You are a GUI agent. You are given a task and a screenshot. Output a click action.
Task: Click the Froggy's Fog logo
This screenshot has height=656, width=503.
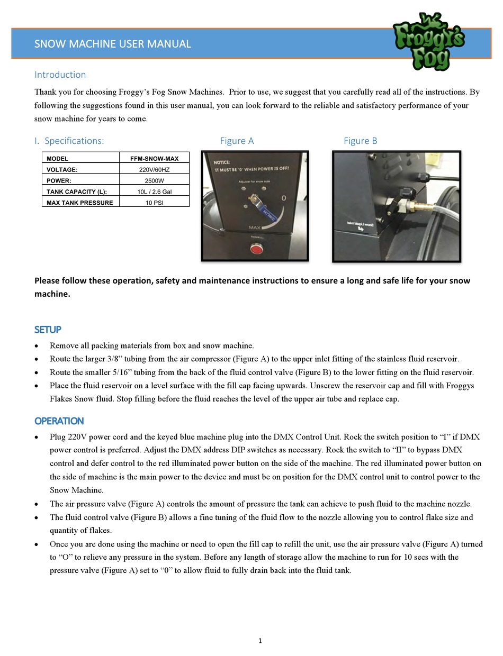pyautogui.click(x=428, y=41)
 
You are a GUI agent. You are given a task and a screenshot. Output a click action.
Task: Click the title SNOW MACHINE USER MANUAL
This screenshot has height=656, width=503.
pyautogui.click(x=112, y=44)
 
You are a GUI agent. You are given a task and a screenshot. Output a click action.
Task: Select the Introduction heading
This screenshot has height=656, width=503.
pyautogui.click(x=60, y=75)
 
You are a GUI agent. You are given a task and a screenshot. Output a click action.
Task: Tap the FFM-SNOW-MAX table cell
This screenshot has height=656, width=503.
pyautogui.click(x=154, y=158)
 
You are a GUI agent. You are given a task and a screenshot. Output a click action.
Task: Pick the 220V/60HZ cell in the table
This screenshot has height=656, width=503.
pyautogui.click(x=154, y=169)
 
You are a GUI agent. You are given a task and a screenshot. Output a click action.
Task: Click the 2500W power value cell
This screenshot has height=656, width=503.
pyautogui.click(x=154, y=180)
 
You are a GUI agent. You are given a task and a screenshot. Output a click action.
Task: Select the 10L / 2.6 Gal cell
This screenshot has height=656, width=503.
pyautogui.click(x=154, y=192)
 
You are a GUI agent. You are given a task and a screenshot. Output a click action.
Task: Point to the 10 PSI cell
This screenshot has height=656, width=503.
pyautogui.click(x=154, y=203)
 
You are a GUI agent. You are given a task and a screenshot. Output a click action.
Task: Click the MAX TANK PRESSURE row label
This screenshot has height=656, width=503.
pyautogui.click(x=79, y=203)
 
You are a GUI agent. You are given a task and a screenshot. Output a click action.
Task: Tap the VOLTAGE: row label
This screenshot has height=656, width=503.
pyautogui.click(x=62, y=169)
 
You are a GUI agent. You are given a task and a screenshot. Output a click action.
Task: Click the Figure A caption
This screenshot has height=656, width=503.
pyautogui.click(x=237, y=141)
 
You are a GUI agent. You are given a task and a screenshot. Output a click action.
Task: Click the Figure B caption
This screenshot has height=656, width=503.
pyautogui.click(x=360, y=141)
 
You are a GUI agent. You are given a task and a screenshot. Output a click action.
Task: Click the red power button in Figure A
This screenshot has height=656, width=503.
pyautogui.click(x=256, y=249)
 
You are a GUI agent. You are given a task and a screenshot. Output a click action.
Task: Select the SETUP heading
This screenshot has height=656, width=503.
pyautogui.click(x=48, y=330)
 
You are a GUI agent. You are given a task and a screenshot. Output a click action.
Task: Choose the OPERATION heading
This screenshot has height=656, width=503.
pyautogui.click(x=59, y=421)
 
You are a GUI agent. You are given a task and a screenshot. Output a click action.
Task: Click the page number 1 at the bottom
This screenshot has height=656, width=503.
pyautogui.click(x=260, y=641)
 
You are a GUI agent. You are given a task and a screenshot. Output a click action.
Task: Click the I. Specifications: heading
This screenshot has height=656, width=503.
pyautogui.click(x=69, y=141)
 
